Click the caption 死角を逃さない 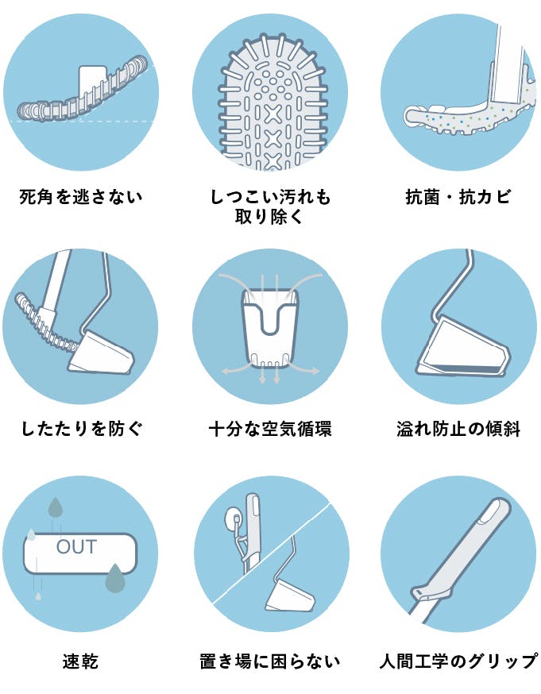pyautogui.click(x=81, y=196)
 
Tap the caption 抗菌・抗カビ pyautogui.click(x=458, y=196)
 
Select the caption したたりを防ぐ pyautogui.click(x=82, y=429)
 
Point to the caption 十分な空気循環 pyautogui.click(x=270, y=429)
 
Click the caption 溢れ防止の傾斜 pyautogui.click(x=458, y=429)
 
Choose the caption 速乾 pyautogui.click(x=80, y=661)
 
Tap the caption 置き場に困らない pyautogui.click(x=270, y=661)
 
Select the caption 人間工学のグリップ pyautogui.click(x=458, y=661)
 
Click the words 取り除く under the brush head pyautogui.click(x=269, y=217)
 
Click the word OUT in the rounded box pyautogui.click(x=76, y=547)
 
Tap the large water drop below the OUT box pyautogui.click(x=115, y=577)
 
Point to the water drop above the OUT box pyautogui.click(x=56, y=507)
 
